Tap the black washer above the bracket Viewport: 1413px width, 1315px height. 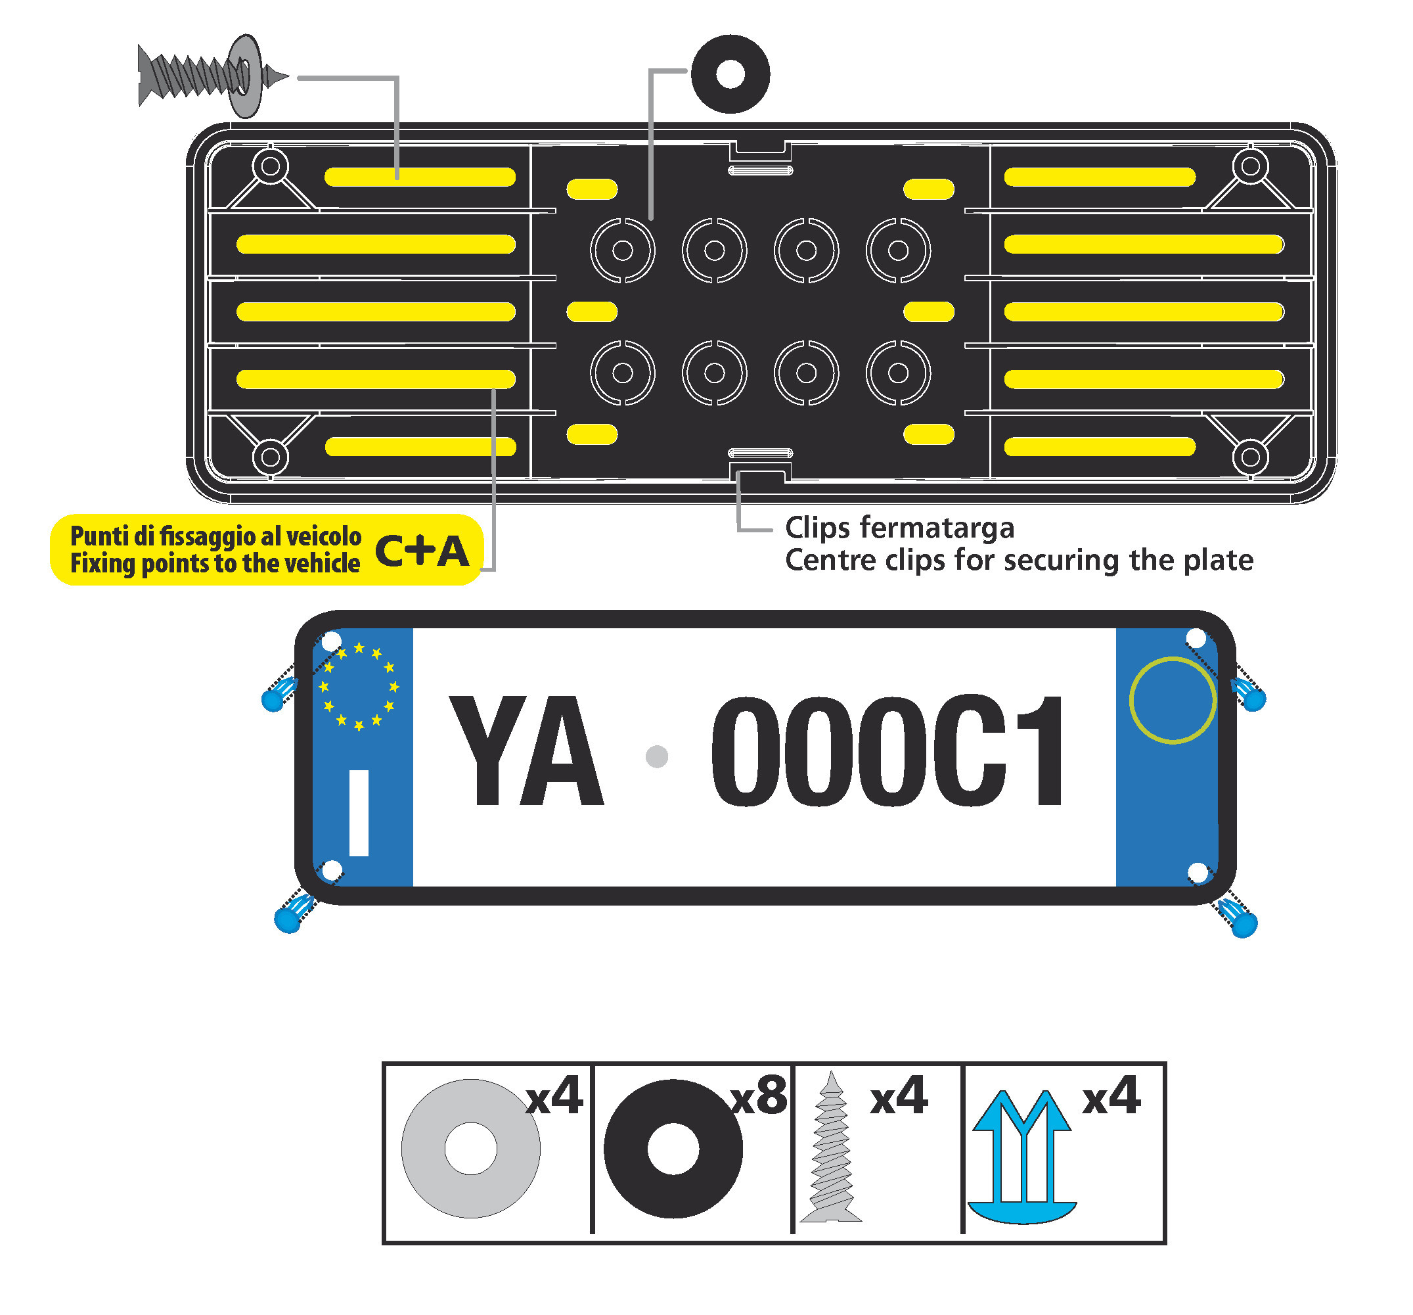(x=730, y=74)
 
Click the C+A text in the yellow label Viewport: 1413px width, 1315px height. (x=422, y=551)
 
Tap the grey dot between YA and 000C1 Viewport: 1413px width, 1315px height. (x=657, y=756)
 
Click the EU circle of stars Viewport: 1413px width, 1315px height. (x=359, y=686)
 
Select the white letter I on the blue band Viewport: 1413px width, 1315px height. (x=359, y=812)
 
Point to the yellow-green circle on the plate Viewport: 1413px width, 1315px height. (x=1173, y=701)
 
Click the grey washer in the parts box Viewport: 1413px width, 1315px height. (x=470, y=1148)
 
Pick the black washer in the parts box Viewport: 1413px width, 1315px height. (x=673, y=1148)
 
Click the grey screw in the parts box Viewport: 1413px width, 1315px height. (x=831, y=1148)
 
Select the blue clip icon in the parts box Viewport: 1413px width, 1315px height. (x=1023, y=1156)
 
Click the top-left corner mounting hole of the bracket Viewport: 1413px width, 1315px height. (x=270, y=166)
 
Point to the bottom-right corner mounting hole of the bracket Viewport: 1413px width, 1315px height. (x=1250, y=457)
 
